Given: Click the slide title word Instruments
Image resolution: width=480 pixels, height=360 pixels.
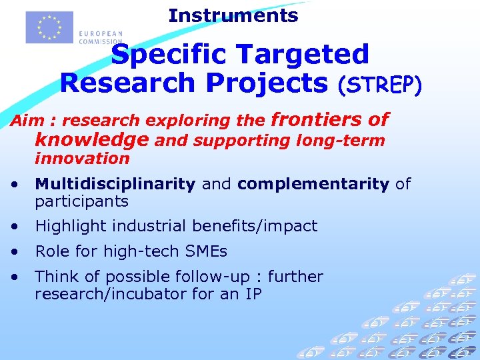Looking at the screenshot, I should [x=233, y=15].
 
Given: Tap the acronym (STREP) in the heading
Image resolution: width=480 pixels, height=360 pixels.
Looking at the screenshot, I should [x=379, y=85].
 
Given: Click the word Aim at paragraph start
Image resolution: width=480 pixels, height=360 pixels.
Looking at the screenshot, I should [x=24, y=121].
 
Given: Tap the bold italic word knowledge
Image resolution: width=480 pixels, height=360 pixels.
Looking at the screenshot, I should [x=92, y=140].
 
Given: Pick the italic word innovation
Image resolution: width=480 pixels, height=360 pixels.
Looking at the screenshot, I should [x=82, y=159].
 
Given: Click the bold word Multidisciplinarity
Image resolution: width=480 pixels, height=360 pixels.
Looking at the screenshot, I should [x=115, y=184].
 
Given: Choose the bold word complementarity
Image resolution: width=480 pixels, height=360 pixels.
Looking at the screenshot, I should [x=313, y=184].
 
